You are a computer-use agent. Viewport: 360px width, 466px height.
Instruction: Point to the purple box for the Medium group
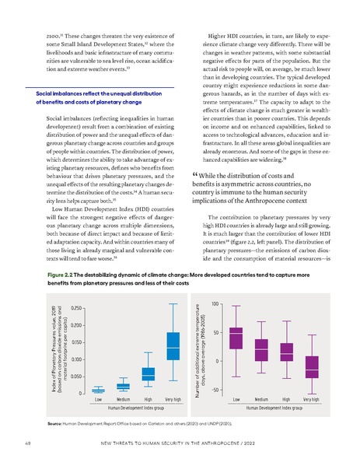pos(261,350)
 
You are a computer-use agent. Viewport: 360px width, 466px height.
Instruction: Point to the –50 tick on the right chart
pos(215,389)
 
